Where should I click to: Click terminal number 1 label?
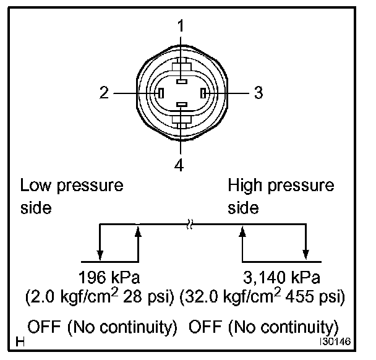pyautogui.click(x=181, y=27)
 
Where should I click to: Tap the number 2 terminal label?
pyautogui.click(x=104, y=93)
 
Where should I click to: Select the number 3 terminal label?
pyautogui.click(x=258, y=93)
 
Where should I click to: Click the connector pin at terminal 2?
pyautogui.click(x=160, y=93)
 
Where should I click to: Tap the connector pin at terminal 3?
pyautogui.click(x=202, y=93)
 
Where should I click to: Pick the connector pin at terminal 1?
pyautogui.click(x=181, y=81)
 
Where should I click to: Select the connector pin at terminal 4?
pyautogui.click(x=181, y=106)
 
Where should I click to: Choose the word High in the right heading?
pyautogui.click(x=245, y=186)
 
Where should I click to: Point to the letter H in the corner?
pyautogui.click(x=21, y=341)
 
